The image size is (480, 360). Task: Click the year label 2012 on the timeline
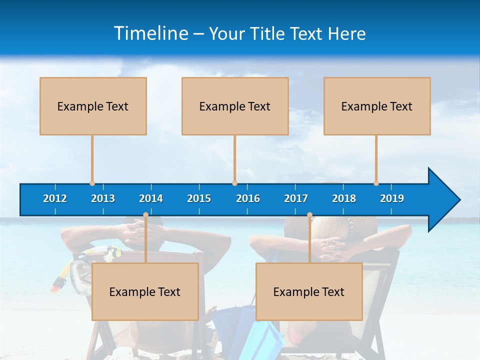point(55,198)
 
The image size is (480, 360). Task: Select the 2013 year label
point(103,198)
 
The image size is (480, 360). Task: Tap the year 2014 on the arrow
point(151,198)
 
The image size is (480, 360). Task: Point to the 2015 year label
point(199,198)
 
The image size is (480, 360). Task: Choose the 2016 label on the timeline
point(248,198)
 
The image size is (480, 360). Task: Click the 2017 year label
point(296,198)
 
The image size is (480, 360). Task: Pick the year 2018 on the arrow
point(344,198)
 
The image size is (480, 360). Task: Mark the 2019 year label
point(392,198)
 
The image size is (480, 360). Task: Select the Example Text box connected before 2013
point(93,106)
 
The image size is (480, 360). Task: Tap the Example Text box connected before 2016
point(235,106)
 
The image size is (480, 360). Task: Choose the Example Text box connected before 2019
point(377,106)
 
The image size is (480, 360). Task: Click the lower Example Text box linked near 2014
point(145,291)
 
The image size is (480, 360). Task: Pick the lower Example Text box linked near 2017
point(309,291)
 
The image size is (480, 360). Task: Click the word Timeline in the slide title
point(150,33)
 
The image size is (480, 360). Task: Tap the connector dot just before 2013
point(92,183)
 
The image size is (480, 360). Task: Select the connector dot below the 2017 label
point(309,215)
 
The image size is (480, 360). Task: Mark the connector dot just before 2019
point(376,183)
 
